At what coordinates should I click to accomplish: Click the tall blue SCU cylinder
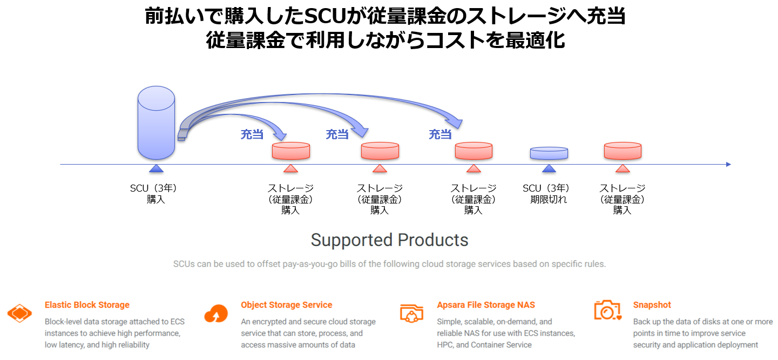pyautogui.click(x=156, y=123)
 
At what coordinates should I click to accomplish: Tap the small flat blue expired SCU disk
pyautogui.click(x=549, y=153)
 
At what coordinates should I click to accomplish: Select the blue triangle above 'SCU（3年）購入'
pyautogui.click(x=156, y=168)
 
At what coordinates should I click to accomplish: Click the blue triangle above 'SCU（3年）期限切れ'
pyautogui.click(x=549, y=168)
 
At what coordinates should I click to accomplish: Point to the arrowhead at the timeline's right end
pyautogui.click(x=728, y=164)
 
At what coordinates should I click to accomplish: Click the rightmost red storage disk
pyautogui.click(x=623, y=151)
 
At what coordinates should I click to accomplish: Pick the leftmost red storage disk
pyautogui.click(x=291, y=151)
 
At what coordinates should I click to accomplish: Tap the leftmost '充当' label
pyautogui.click(x=252, y=134)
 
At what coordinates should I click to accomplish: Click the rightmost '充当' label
pyautogui.click(x=440, y=134)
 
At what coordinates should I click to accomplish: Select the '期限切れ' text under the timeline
pyautogui.click(x=549, y=200)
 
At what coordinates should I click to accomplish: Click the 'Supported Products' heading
pyautogui.click(x=389, y=240)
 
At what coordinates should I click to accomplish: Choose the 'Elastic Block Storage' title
pyautogui.click(x=87, y=305)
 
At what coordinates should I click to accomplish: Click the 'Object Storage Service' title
pyautogui.click(x=286, y=305)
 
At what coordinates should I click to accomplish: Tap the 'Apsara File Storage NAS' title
pyautogui.click(x=486, y=305)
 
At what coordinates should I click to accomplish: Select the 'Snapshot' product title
pyautogui.click(x=652, y=305)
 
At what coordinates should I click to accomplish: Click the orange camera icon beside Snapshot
pyautogui.click(x=607, y=310)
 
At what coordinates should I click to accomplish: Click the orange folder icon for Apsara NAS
pyautogui.click(x=411, y=313)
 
